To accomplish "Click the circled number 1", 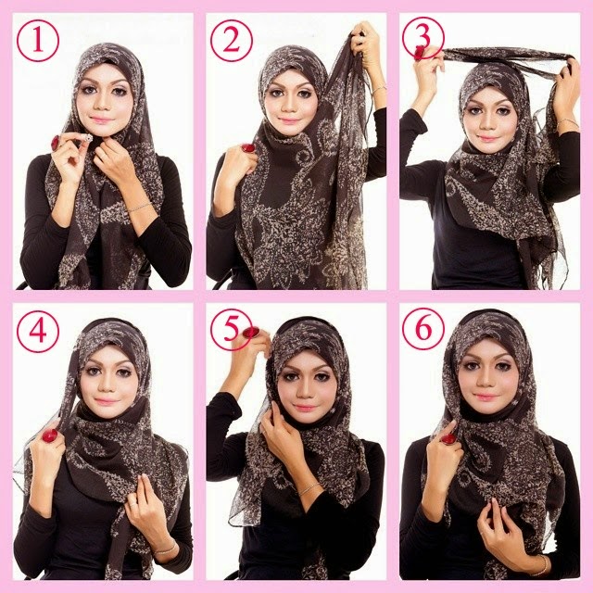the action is tap(38, 41).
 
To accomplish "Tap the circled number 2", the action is tap(231, 41).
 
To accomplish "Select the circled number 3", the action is tap(423, 38).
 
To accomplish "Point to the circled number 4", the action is tap(38, 332).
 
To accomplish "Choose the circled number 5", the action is tap(231, 330).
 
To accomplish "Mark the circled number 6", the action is tap(423, 329).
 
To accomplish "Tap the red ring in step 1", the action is tap(56, 142).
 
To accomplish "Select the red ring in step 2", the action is tap(248, 148).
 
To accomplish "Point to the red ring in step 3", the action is tap(418, 54).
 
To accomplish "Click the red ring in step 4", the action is tap(50, 435).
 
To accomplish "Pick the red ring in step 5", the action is tap(251, 333).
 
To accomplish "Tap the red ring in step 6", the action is tap(448, 438).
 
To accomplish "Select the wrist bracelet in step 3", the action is tap(567, 121).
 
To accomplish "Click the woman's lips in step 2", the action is tap(289, 121).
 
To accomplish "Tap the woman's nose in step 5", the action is tap(305, 393).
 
